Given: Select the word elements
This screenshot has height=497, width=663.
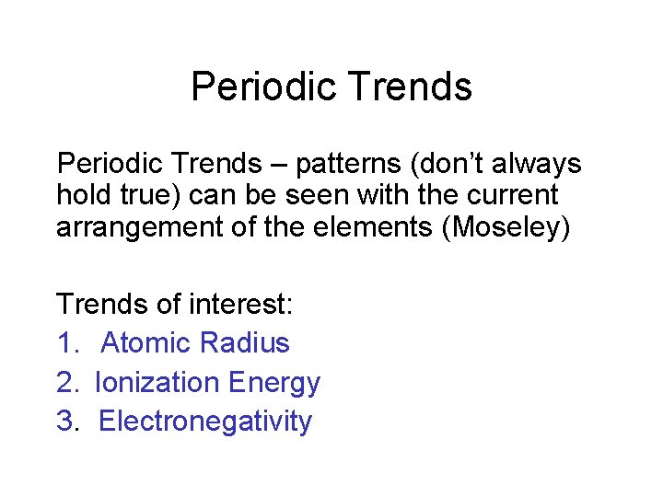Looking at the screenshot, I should tap(378, 226).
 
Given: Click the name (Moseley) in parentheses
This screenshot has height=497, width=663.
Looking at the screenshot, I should tap(506, 226).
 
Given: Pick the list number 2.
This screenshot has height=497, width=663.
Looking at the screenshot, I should tap(68, 383).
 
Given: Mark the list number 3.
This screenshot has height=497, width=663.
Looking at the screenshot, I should tap(68, 422).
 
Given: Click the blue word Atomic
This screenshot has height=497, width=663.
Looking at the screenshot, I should tap(145, 343).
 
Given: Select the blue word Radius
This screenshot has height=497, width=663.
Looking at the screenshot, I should tap(244, 343).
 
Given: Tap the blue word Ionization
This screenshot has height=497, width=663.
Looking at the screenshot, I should tap(157, 383).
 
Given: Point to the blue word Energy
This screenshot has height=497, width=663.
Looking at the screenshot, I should tap(274, 383).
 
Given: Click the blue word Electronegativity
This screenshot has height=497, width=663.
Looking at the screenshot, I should tap(204, 422).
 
